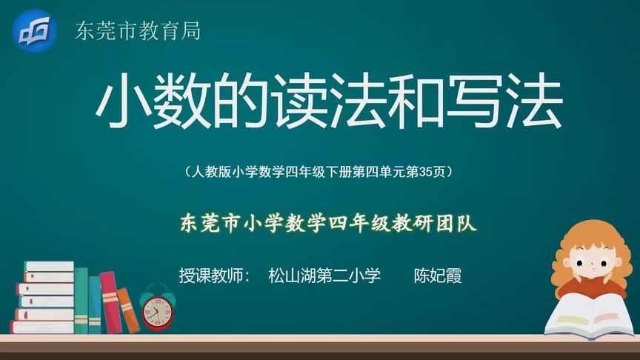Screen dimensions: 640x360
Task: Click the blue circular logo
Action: [35, 31]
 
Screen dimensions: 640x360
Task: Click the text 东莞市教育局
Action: [138, 31]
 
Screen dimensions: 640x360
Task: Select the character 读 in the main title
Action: [300, 101]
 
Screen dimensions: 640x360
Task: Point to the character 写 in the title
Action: [476, 101]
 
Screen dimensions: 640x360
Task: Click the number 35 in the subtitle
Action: [426, 172]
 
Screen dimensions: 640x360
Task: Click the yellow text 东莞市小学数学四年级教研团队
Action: [328, 223]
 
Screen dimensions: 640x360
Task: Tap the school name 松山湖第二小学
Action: [324, 276]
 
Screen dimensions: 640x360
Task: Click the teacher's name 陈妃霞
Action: [438, 276]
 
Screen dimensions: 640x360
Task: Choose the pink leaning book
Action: [111, 302]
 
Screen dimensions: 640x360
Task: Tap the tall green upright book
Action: [81, 301]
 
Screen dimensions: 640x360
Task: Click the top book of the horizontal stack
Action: [49, 267]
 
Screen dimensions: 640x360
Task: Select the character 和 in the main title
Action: [416, 101]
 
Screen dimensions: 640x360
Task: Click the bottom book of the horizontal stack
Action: [42, 327]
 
